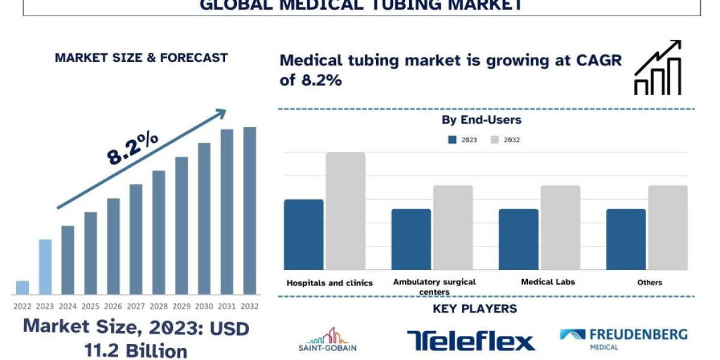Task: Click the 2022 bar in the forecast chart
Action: (x=22, y=287)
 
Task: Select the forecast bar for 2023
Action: (x=45, y=267)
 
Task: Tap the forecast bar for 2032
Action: (x=250, y=211)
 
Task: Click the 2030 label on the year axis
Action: (x=204, y=306)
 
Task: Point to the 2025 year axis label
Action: (x=91, y=306)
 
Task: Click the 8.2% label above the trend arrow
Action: (x=133, y=148)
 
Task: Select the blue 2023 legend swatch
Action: (x=453, y=140)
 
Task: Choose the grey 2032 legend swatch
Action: (x=495, y=140)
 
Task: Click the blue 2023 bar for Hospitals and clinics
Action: (x=304, y=235)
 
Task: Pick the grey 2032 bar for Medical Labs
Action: (x=560, y=227)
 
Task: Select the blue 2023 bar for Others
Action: (x=626, y=239)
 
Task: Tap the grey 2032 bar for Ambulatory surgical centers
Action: (x=453, y=227)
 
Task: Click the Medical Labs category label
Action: (x=548, y=282)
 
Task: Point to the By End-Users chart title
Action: (x=481, y=120)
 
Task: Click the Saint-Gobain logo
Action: (x=328, y=340)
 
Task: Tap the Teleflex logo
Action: (x=470, y=340)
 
